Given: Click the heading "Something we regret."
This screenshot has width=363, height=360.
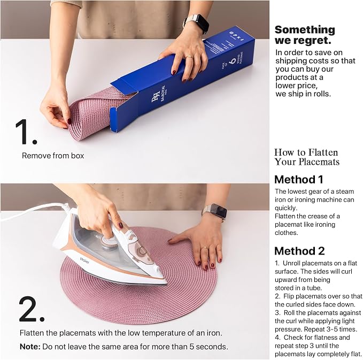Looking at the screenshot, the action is [305, 35].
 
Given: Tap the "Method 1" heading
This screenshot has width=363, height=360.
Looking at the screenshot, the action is [299, 180].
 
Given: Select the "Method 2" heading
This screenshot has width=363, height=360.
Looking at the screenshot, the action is [299, 251].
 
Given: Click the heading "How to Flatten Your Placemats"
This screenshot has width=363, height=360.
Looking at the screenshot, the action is [307, 157].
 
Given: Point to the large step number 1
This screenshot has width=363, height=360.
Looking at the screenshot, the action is [26, 132].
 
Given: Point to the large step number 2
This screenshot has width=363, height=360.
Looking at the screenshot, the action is [32, 309].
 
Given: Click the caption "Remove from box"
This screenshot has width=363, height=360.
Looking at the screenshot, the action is [53, 156].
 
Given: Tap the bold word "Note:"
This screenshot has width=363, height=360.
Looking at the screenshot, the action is [30, 347].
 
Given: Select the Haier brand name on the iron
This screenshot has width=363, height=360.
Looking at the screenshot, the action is [84, 261].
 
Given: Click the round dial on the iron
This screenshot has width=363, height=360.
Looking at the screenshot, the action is [108, 242].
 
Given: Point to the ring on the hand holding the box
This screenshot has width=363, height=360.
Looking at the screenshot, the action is [189, 57].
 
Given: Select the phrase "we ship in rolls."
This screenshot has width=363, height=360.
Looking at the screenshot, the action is [303, 94].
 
